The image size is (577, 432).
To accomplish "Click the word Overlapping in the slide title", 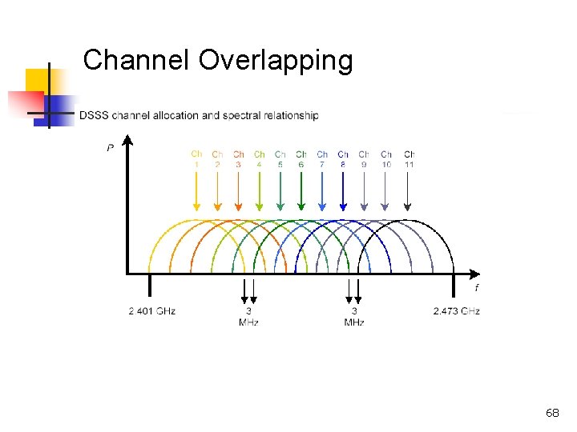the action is click(x=275, y=61).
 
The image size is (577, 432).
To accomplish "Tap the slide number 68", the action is click(x=552, y=413).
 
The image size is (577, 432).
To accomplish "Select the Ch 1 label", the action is click(x=196, y=158).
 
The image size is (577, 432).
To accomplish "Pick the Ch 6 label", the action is click(x=301, y=158).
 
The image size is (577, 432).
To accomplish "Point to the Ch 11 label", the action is click(x=409, y=158).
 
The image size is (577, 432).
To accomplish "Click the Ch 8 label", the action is click(x=343, y=158).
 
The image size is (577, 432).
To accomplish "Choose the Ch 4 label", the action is click(x=259, y=158).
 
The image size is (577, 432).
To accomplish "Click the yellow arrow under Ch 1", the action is click(x=196, y=192).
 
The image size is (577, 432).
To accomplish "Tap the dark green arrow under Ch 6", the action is click(x=301, y=192).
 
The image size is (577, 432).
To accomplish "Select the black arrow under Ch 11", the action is click(x=409, y=192).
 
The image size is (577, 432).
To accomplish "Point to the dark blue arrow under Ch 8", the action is click(x=343, y=192).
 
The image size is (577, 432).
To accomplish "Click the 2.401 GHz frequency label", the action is click(x=151, y=310).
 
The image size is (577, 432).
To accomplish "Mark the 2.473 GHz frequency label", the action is click(x=456, y=310).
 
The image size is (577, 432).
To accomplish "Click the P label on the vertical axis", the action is click(x=110, y=147).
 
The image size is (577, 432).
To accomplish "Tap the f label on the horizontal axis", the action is click(x=476, y=287).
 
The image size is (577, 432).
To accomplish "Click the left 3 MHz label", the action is click(x=248, y=316).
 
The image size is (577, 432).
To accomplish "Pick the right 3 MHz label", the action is click(x=354, y=316).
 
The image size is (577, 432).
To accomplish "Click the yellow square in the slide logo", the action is click(x=38, y=81).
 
